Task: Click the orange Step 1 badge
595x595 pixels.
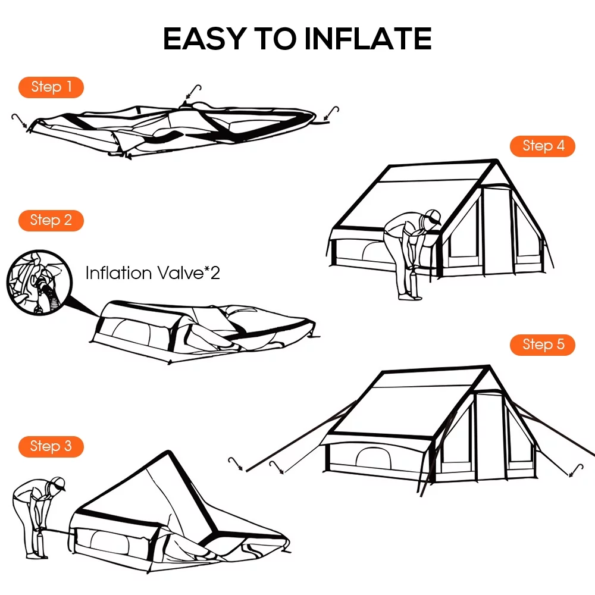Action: pyautogui.click(x=51, y=87)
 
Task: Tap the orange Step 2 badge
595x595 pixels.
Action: pyautogui.click(x=51, y=220)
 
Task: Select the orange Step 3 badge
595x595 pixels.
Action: pyautogui.click(x=51, y=446)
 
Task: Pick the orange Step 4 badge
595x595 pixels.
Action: pyautogui.click(x=543, y=146)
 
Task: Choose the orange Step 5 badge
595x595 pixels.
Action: pyautogui.click(x=543, y=345)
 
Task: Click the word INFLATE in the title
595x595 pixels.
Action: pyautogui.click(x=368, y=39)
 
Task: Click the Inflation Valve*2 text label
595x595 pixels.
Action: pyautogui.click(x=152, y=273)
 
